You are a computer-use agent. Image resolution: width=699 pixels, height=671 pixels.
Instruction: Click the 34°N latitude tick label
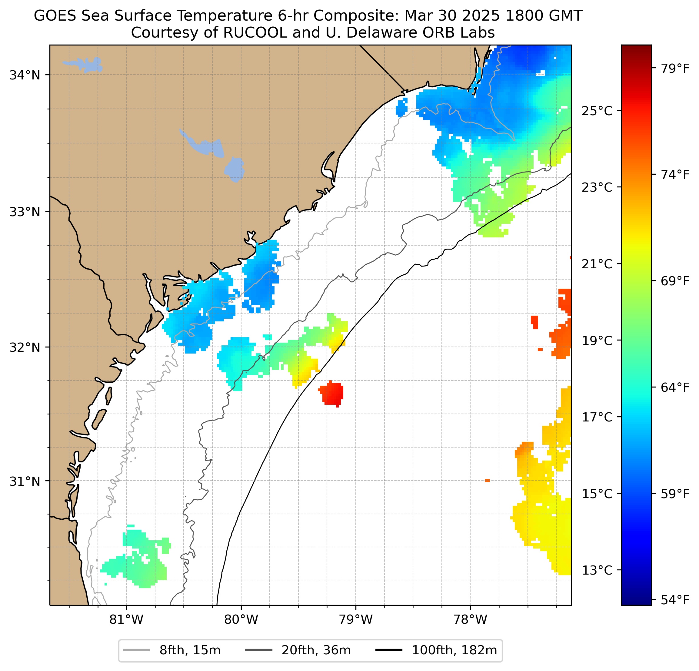[25, 75]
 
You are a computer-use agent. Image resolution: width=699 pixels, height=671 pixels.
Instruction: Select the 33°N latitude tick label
[25, 212]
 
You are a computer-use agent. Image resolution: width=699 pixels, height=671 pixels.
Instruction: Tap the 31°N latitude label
[25, 481]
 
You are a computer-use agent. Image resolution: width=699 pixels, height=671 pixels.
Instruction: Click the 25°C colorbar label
[597, 111]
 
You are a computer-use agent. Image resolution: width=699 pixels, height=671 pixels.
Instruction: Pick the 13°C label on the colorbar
[597, 570]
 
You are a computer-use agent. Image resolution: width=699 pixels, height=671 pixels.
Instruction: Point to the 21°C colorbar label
[597, 264]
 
